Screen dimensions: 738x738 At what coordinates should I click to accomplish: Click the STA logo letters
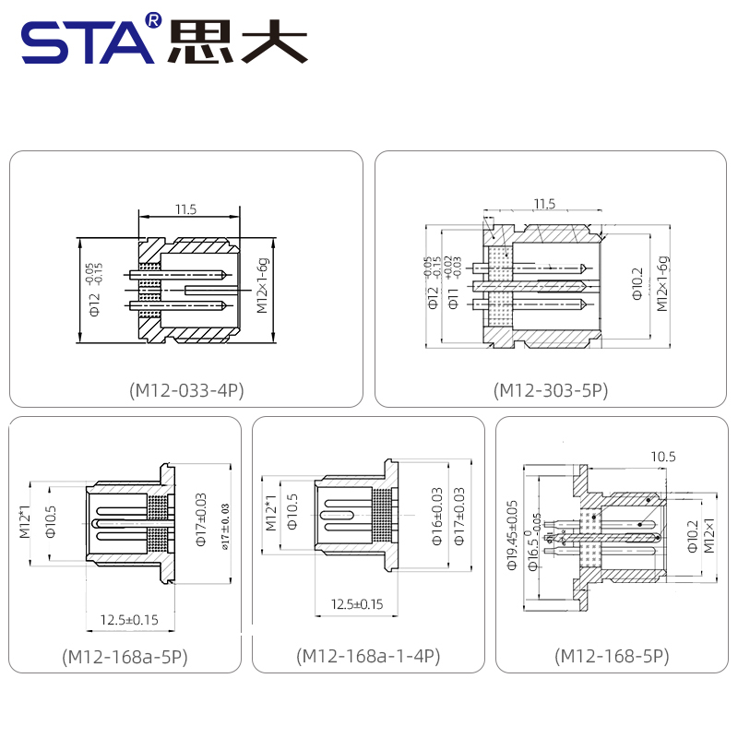(88, 43)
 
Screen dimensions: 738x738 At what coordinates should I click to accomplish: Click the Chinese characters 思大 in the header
(236, 42)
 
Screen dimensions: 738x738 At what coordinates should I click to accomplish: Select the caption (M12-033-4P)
(186, 390)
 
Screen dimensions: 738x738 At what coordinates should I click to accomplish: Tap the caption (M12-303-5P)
(552, 390)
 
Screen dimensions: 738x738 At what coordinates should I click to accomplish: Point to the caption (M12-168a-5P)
(125, 657)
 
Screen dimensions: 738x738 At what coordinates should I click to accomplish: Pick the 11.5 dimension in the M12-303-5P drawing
(544, 203)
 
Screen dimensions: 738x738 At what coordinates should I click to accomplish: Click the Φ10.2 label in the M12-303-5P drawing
(637, 285)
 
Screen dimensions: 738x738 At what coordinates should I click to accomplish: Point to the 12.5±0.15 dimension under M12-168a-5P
(129, 619)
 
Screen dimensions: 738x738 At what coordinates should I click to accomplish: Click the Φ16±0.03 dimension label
(437, 517)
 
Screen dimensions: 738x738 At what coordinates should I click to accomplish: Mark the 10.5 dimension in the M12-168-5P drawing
(663, 457)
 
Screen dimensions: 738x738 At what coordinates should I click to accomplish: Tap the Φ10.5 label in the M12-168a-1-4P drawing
(292, 512)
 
